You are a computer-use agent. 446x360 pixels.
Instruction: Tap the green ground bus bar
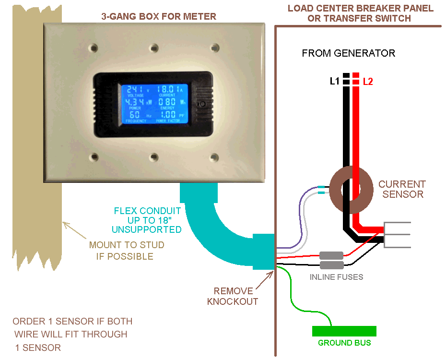point(344,331)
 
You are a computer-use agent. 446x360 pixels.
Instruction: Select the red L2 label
point(368,82)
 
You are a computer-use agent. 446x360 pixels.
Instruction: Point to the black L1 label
point(335,82)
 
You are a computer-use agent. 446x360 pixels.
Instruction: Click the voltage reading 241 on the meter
point(136,89)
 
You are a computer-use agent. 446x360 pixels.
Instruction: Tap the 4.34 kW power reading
point(137,102)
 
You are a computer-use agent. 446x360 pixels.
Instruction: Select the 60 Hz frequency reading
point(135,115)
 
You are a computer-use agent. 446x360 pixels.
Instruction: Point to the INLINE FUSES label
point(336,277)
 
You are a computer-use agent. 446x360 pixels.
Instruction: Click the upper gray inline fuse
point(331,255)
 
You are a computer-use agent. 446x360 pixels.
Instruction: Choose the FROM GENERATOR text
point(349,53)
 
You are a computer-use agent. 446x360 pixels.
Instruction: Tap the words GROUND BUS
point(344,343)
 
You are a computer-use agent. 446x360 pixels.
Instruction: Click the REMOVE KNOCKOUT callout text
point(233,296)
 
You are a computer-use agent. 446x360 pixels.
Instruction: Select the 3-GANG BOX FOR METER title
point(159,16)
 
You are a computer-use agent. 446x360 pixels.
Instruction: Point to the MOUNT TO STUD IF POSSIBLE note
point(126,251)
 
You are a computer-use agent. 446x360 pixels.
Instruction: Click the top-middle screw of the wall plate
point(153,48)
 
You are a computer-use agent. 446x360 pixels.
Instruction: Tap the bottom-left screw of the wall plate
point(93,156)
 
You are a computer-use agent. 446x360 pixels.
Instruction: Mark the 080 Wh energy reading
point(169,102)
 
